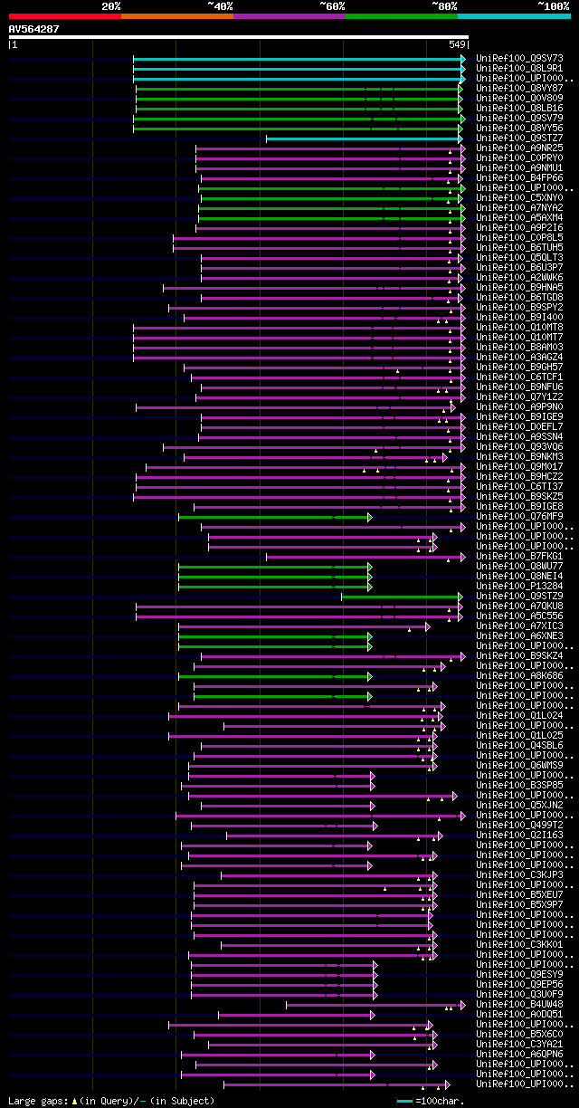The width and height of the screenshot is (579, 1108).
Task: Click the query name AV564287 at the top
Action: (x=33, y=29)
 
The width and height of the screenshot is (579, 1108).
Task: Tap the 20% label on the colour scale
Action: (x=111, y=6)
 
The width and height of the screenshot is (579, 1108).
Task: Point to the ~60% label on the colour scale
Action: (x=332, y=6)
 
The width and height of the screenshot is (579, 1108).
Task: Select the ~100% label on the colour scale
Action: (x=554, y=6)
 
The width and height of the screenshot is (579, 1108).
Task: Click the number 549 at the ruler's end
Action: (x=456, y=43)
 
